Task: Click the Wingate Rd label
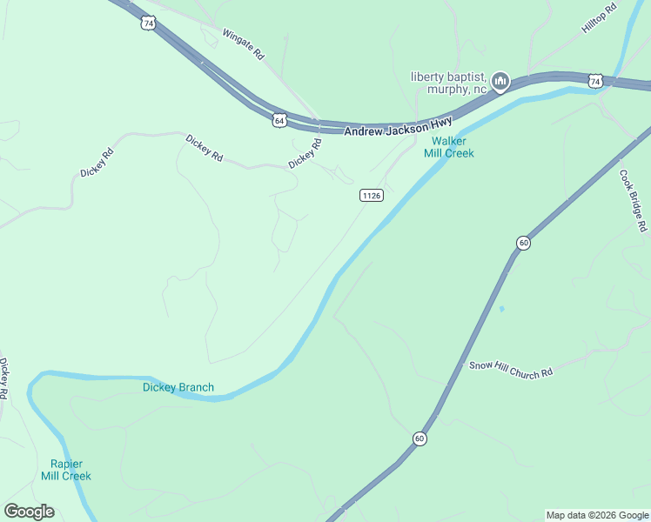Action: [x=243, y=43]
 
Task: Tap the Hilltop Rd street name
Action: [x=599, y=17]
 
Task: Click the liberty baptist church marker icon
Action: [x=500, y=82]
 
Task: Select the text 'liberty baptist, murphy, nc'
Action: [x=448, y=83]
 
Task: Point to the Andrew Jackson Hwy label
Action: [x=398, y=125]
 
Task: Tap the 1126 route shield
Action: [x=371, y=196]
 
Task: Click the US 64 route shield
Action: [x=278, y=120]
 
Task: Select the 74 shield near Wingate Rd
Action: [x=149, y=24]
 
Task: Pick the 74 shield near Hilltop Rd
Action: [x=594, y=81]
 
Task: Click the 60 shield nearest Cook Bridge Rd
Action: [x=522, y=243]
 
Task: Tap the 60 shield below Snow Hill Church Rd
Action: [x=420, y=438]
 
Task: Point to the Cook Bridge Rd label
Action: [x=634, y=200]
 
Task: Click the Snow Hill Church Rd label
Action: [x=511, y=370]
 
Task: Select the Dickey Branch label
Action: [x=178, y=387]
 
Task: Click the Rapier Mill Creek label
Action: [x=65, y=470]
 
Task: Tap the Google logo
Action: [x=29, y=512]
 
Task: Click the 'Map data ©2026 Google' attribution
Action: [x=597, y=515]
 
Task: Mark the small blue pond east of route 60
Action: [x=501, y=308]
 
